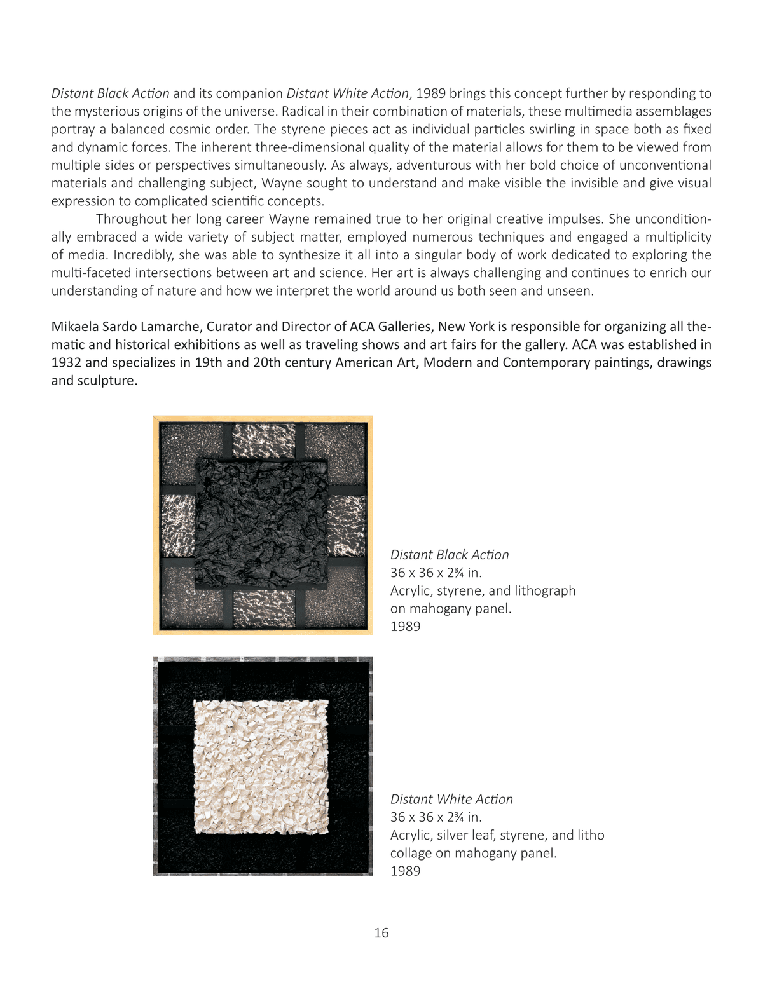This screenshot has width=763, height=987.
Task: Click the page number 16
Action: (x=381, y=933)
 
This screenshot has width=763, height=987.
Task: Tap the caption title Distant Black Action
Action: (x=450, y=555)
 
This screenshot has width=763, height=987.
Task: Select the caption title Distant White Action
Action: (x=451, y=800)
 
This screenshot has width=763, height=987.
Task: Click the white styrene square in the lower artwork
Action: (x=261, y=766)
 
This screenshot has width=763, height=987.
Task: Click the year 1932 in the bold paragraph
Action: (x=66, y=363)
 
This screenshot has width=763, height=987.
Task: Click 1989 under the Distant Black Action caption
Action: (x=405, y=627)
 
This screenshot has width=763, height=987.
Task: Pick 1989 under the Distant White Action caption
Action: (x=405, y=871)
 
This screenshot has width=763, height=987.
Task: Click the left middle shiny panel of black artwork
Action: (x=177, y=526)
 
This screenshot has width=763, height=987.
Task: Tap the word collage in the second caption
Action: (x=412, y=853)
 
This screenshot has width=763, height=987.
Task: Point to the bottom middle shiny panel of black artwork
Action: (x=264, y=609)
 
